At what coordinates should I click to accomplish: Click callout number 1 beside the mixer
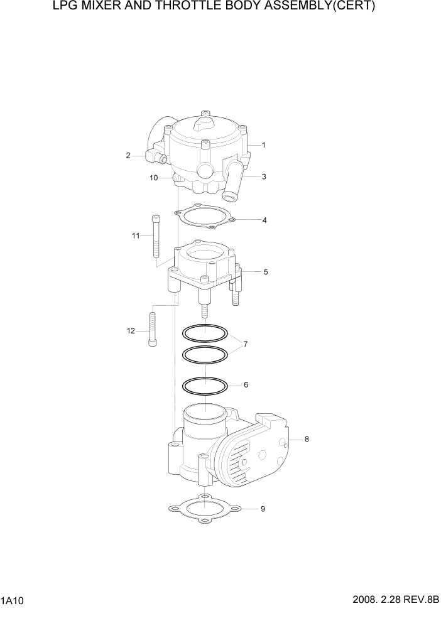click(263, 145)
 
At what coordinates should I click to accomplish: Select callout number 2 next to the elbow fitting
click(128, 156)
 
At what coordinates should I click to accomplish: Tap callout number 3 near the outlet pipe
click(264, 177)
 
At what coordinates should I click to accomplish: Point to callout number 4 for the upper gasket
click(264, 220)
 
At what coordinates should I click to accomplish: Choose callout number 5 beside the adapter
click(265, 272)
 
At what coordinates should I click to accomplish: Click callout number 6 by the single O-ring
click(246, 384)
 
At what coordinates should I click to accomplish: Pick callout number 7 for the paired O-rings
click(246, 344)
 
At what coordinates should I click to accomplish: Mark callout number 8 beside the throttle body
click(307, 440)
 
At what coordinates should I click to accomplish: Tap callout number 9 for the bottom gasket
click(263, 509)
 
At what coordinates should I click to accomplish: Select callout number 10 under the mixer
click(153, 178)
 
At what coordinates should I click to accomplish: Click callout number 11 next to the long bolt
click(135, 236)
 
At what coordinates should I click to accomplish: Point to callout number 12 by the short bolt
click(131, 331)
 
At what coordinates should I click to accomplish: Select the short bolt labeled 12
click(151, 330)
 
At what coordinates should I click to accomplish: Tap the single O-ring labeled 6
click(204, 384)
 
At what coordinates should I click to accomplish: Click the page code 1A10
click(13, 601)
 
